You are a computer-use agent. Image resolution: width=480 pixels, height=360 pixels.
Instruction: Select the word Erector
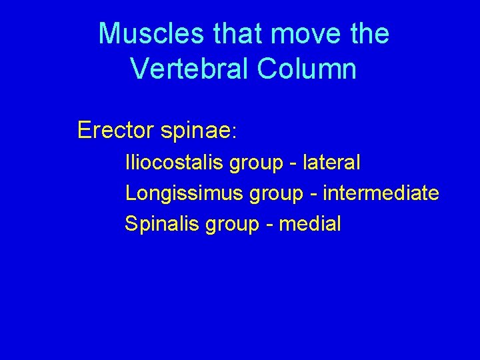[115, 130]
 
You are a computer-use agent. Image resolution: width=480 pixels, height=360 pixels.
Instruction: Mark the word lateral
[331, 162]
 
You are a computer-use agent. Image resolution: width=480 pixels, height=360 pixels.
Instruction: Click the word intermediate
[381, 193]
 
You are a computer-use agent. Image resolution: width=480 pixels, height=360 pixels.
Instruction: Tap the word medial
[310, 224]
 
